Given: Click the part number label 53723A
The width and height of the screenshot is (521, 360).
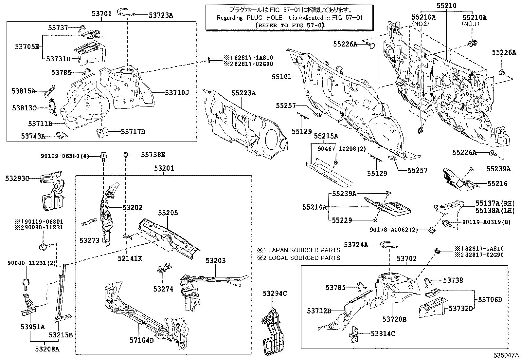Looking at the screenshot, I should pyautogui.click(x=161, y=15).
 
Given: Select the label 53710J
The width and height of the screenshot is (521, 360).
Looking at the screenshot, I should pyautogui.click(x=177, y=93).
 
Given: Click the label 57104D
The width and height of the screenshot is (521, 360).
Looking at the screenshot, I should pyautogui.click(x=141, y=340).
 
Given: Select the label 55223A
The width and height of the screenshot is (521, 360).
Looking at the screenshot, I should pyautogui.click(x=243, y=93).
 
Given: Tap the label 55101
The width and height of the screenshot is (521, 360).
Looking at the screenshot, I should pyautogui.click(x=281, y=77).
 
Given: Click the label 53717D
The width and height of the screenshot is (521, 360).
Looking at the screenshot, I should pyautogui.click(x=133, y=132).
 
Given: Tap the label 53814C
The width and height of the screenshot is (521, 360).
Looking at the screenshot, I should pyautogui.click(x=383, y=334).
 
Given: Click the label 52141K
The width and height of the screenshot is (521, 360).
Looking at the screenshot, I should pyautogui.click(x=130, y=258).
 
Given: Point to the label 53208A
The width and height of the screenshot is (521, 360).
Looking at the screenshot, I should pyautogui.click(x=47, y=349).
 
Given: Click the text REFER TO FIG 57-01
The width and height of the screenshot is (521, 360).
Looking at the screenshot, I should pyautogui.click(x=289, y=25).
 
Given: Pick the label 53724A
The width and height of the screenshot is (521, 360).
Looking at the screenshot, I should pyautogui.click(x=356, y=245).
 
